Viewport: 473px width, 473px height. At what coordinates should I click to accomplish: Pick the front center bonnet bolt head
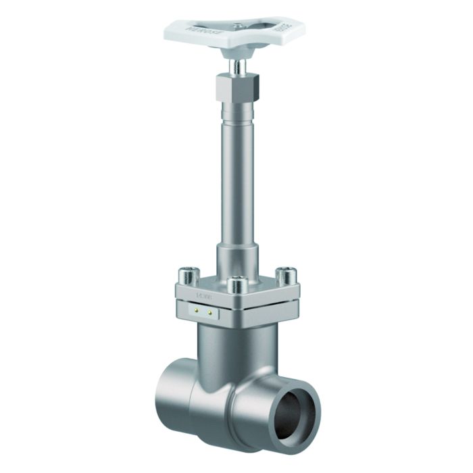pyautogui.click(x=236, y=285)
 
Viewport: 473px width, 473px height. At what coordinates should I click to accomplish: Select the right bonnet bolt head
pyautogui.click(x=288, y=275)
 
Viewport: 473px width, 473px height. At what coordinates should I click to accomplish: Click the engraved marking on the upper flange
pyautogui.click(x=203, y=295)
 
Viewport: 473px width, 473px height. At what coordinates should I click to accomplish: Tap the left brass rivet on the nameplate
pyautogui.click(x=196, y=312)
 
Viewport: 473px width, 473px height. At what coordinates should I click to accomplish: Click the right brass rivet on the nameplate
pyautogui.click(x=209, y=313)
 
